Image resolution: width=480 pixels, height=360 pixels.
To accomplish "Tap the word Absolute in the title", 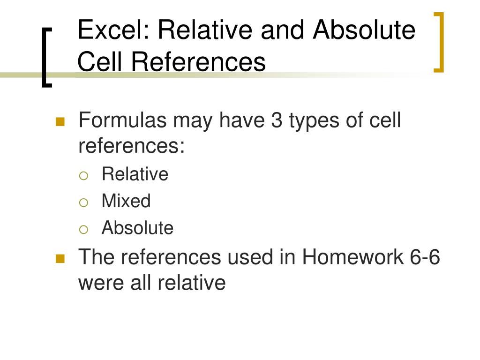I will click(364, 30).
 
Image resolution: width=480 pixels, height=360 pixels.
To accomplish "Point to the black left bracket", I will click(45, 57).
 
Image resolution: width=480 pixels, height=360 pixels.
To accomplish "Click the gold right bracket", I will click(440, 42).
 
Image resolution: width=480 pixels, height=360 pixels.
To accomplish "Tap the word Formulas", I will click(122, 120).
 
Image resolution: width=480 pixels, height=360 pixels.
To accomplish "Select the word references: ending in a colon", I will click(132, 146).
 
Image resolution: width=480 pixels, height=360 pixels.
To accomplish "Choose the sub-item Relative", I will click(135, 174).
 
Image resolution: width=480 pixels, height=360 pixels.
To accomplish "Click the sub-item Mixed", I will click(126, 201).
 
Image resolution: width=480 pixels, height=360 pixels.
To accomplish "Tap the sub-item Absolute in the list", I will click(137, 228).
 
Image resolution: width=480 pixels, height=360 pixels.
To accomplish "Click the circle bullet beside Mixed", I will click(83, 202).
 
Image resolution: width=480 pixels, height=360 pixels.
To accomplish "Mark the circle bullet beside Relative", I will click(83, 175).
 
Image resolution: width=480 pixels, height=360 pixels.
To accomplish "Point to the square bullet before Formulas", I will click(60, 122).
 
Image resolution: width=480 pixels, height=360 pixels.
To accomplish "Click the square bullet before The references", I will click(60, 258).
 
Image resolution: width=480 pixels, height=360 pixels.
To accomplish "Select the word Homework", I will click(352, 257).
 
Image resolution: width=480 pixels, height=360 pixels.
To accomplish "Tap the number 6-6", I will click(424, 257).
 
